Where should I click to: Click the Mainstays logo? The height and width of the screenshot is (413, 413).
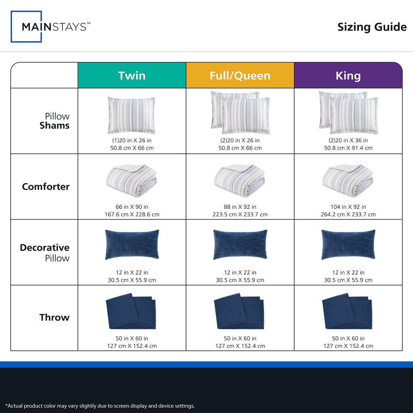click(x=50, y=27)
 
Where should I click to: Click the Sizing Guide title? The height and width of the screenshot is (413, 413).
click(x=372, y=27)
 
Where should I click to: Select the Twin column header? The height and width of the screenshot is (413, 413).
click(x=132, y=75)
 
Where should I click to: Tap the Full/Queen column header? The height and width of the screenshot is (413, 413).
click(x=240, y=75)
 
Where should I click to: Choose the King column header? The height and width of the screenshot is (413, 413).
click(x=348, y=75)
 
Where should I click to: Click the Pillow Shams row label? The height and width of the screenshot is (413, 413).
click(x=54, y=121)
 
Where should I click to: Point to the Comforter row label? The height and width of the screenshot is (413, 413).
click(x=46, y=186)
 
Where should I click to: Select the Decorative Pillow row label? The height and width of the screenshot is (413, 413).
click(x=45, y=252)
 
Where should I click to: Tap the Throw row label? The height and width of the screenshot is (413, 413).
click(x=54, y=317)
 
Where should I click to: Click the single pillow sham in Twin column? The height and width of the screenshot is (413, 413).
click(x=131, y=115)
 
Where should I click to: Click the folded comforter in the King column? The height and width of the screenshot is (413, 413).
click(x=348, y=180)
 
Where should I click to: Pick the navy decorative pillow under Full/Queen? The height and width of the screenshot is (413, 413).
click(x=240, y=244)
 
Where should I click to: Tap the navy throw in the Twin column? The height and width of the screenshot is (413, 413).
click(x=131, y=311)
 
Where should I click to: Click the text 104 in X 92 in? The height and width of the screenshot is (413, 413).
click(x=348, y=207)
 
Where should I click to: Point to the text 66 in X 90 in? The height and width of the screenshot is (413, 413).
click(x=132, y=207)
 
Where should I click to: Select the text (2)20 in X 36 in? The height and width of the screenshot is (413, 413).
click(x=348, y=140)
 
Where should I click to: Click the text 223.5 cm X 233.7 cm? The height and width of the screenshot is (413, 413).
click(x=240, y=215)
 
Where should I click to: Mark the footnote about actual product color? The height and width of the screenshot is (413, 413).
click(x=100, y=406)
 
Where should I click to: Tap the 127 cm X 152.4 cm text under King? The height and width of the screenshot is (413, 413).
click(x=348, y=346)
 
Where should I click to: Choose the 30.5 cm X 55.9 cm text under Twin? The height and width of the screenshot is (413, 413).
click(x=132, y=280)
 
